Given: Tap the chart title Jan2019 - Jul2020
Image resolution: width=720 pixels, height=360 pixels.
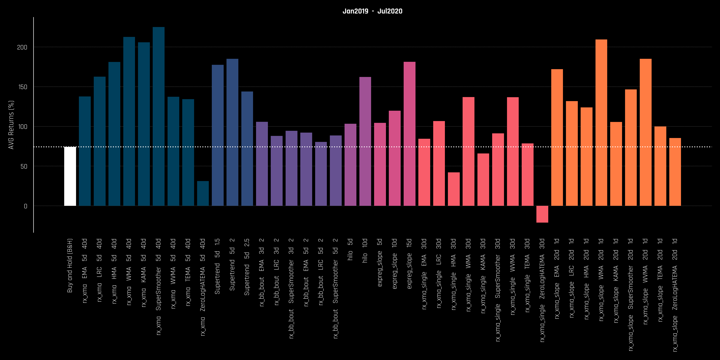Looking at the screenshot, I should pyautogui.click(x=372, y=11).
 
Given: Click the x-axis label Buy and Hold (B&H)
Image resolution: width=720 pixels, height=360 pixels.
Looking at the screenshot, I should pyautogui.click(x=70, y=265).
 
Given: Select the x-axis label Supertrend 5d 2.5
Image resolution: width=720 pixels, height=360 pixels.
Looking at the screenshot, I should pyautogui.click(x=247, y=267).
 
